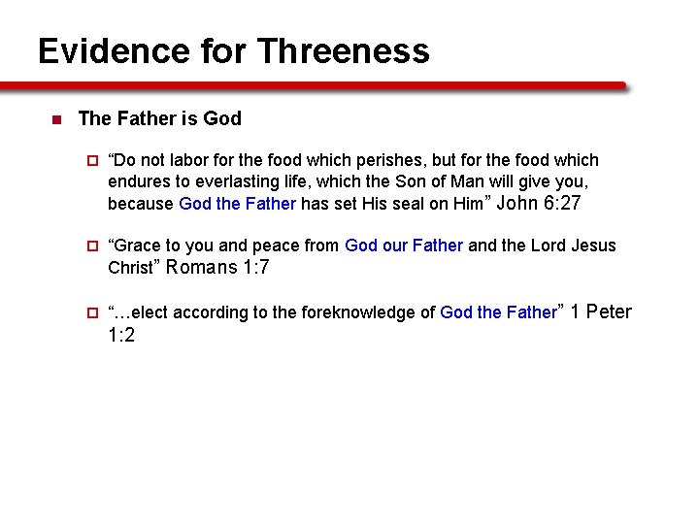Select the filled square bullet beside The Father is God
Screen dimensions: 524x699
coord(54,120)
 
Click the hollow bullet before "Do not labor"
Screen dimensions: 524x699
coord(93,161)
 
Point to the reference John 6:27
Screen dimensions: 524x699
coord(539,203)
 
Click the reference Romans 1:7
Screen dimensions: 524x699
coord(218,268)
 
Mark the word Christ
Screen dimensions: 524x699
coord(130,269)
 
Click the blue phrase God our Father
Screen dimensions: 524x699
coord(404,246)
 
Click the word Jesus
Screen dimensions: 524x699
coord(594,246)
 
